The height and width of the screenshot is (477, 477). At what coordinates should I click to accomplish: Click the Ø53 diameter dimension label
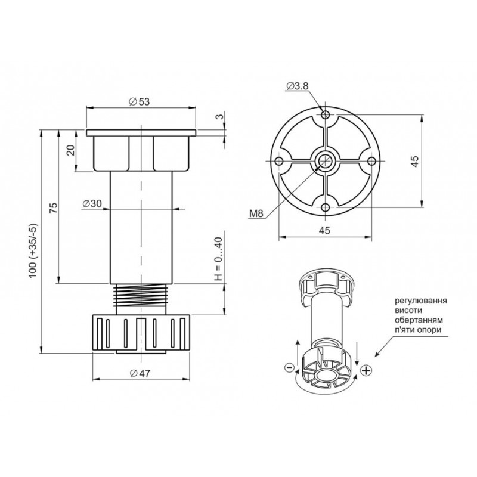[x=140, y=101]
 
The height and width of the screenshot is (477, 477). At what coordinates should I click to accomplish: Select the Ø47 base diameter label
[x=140, y=373]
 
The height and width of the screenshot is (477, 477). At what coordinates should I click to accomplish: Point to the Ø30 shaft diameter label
[x=92, y=203]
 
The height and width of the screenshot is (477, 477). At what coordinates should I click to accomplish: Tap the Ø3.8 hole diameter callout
[x=297, y=86]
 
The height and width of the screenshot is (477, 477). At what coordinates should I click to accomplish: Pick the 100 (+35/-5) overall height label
[x=33, y=250]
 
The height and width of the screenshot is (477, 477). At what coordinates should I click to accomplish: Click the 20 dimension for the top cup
[x=70, y=150]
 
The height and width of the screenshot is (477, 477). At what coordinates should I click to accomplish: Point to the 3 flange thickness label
[x=221, y=116]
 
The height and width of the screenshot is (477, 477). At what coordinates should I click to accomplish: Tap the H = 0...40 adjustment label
[x=218, y=259]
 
